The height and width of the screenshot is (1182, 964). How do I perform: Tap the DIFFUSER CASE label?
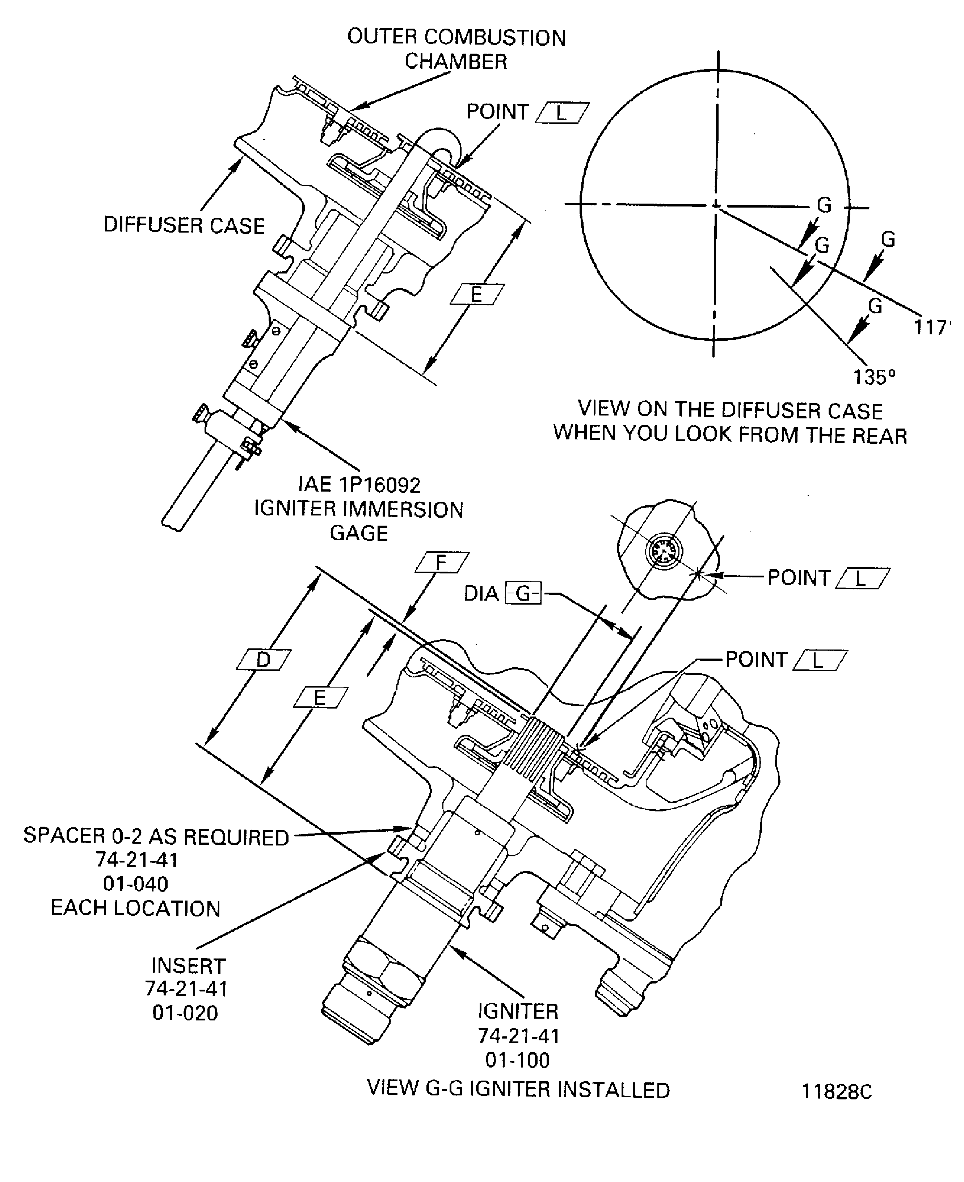click(x=184, y=226)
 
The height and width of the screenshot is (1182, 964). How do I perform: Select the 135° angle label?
click(x=874, y=377)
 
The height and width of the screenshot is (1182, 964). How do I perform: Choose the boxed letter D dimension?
click(x=263, y=660)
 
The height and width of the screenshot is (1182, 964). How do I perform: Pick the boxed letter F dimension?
click(x=442, y=562)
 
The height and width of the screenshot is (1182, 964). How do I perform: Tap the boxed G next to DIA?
click(x=523, y=593)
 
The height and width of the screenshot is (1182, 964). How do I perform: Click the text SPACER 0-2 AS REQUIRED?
click(x=156, y=837)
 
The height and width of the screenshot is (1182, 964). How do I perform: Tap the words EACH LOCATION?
click(x=136, y=908)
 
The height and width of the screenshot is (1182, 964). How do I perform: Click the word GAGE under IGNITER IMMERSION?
click(x=359, y=533)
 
